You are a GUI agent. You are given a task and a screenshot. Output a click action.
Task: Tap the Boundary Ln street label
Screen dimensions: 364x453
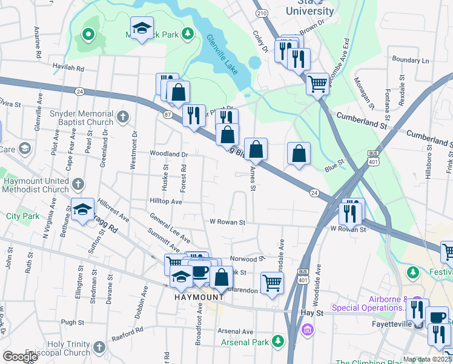click(410, 60)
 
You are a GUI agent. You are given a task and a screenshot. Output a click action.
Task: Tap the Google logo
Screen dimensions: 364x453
click(20, 357)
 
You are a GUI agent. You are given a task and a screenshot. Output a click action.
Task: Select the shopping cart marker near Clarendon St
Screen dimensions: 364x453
click(272, 282)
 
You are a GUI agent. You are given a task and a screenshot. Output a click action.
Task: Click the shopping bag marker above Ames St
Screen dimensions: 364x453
click(256, 149)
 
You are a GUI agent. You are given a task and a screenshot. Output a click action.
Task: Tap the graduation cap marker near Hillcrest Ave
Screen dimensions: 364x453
click(83, 209)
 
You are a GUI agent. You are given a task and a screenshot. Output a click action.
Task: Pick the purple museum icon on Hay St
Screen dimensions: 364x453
click(308, 329)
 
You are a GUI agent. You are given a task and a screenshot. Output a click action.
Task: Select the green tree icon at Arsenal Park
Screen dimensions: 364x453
click(278, 342)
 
